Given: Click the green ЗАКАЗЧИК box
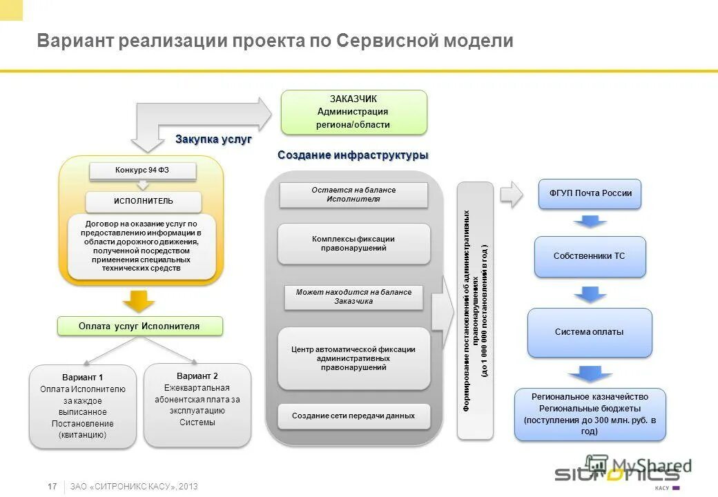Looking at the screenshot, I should pos(353,112).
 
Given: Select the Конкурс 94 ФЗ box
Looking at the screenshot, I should pos(143,170).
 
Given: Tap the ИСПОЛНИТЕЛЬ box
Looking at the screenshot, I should pos(144,202).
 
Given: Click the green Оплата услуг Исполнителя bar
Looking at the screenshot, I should pos(139,327).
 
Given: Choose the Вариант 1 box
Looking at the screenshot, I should pos(83,407).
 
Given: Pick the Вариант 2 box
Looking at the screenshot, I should pos(197,404).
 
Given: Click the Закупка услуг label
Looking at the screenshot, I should pos(213,139).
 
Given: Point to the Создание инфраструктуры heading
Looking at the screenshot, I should pos(353,155).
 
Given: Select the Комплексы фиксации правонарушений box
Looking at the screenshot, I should pos(353,244).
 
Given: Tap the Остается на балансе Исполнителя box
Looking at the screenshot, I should pos(353,195).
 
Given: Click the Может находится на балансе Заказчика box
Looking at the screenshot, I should pos(353,297).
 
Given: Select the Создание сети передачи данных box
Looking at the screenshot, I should pos(353,416).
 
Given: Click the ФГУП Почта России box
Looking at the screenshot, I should pos(590,194).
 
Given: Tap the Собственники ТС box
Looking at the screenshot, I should pos(590,256).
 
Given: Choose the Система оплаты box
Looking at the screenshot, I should pos(590,332).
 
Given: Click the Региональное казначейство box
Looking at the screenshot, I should pos(590,414).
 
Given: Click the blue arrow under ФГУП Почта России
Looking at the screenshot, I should pos(590,222).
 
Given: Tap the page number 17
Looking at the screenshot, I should pos(52,487).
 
